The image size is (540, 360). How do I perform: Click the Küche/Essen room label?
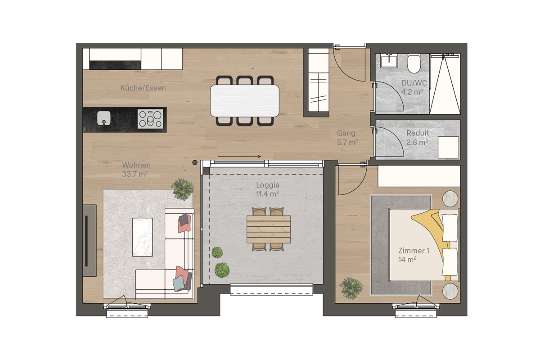coord(143,88)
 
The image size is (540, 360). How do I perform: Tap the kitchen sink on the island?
coord(104,118)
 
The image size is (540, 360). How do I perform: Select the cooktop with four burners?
coord(150,119)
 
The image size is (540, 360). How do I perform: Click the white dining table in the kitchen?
coord(245,101)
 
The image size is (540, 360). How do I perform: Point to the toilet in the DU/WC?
coord(414,63)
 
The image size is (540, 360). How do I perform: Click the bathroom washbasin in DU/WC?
coord(389,61)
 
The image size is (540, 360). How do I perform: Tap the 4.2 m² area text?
coord(412,92)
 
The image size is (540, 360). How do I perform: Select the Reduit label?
coord(418,133)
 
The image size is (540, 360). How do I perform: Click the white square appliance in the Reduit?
coord(448,147)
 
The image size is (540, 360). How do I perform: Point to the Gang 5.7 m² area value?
coord(347,142)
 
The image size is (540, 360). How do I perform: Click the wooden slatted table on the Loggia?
coord(269,229)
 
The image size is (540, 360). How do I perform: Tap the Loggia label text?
coord(268,185)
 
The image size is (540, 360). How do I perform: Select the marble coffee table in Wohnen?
coord(143,237)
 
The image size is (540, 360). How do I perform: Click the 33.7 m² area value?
coord(135,174)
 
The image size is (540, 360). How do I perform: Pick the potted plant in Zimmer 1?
coord(351,288)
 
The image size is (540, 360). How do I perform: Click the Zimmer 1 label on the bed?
coord(414,251)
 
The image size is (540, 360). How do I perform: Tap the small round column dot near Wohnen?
coord(195,162)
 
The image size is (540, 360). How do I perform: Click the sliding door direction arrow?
coord(239,157)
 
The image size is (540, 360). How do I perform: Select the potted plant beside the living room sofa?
coord(183,189)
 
